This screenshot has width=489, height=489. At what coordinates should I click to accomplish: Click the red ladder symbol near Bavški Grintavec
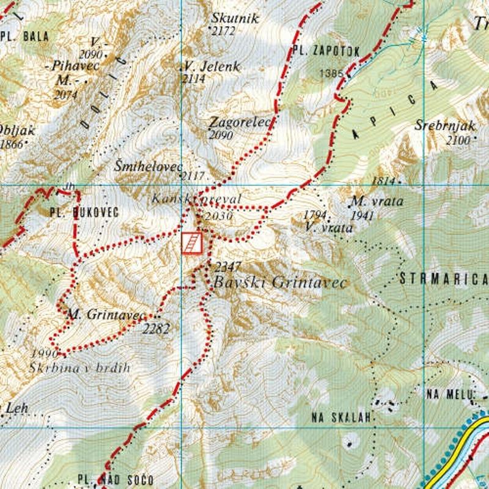coord(192,243)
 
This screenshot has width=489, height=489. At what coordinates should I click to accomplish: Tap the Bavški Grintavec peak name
coord(279,283)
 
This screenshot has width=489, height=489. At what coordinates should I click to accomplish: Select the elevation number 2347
coord(228,267)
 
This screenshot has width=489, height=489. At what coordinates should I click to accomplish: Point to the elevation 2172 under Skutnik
coord(222,31)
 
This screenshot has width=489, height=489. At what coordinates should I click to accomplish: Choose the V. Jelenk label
coord(212,66)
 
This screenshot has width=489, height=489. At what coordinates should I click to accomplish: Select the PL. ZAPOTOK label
coord(326,51)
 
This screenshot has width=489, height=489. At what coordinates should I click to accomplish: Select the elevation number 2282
coord(156,329)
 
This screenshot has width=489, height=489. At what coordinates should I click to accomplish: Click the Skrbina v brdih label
coord(79,368)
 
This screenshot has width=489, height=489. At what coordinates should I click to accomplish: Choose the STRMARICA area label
coord(442,280)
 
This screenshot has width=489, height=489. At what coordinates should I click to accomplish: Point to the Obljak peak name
coord(18,131)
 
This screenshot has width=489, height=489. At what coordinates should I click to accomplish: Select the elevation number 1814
coord(383,181)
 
